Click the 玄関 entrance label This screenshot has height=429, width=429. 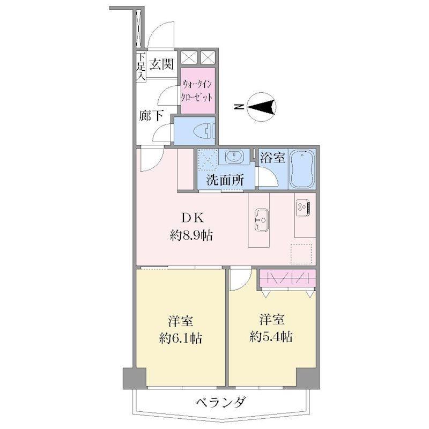(x=161, y=65)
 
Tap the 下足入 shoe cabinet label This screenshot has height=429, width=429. (x=141, y=66)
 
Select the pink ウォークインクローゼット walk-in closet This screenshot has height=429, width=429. (x=198, y=91)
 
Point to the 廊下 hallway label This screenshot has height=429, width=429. (x=151, y=115)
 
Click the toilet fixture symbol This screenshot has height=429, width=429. (x=204, y=131)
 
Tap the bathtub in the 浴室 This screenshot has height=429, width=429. (x=302, y=169)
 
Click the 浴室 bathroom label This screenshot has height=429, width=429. (x=272, y=157)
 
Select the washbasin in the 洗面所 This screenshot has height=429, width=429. (x=234, y=157)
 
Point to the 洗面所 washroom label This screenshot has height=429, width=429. (x=225, y=180)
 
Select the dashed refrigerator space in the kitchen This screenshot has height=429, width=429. (x=301, y=254)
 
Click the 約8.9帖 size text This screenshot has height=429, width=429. (x=191, y=235)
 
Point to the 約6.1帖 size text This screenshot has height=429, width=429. (x=181, y=338)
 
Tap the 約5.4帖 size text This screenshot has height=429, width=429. (x=271, y=337)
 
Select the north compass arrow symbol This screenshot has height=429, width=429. (x=261, y=106)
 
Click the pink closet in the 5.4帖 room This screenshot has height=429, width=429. (x=287, y=278)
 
